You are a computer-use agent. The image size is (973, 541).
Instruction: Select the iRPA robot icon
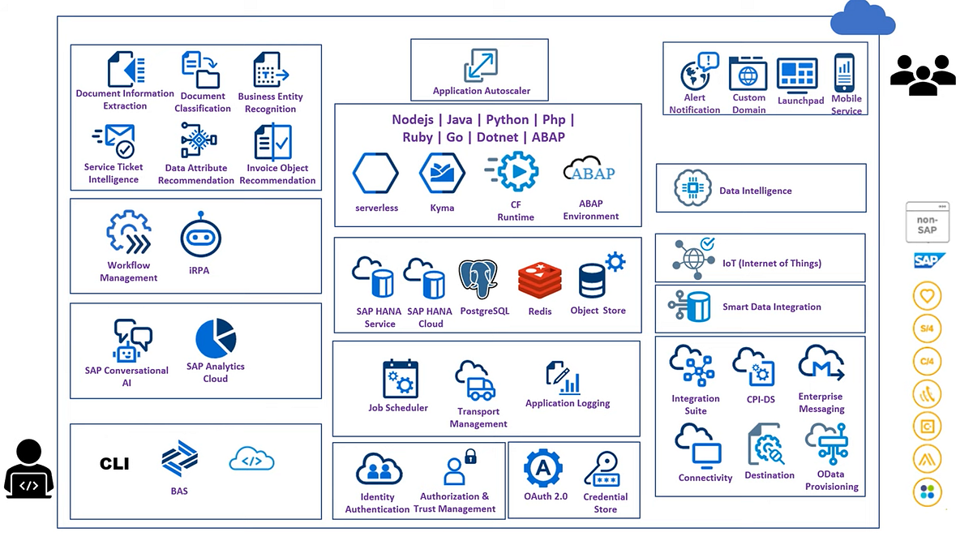(200, 236)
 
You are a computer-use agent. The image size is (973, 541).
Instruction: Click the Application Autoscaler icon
(481, 66)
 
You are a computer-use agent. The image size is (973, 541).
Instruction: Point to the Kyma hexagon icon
(442, 174)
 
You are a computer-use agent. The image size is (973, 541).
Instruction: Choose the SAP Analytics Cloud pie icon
(216, 338)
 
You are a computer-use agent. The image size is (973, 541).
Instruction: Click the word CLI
(114, 464)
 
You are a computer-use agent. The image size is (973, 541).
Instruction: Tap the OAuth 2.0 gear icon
(544, 468)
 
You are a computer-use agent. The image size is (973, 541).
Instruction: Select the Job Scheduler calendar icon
(400, 379)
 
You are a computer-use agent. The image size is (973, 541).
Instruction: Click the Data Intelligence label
(755, 191)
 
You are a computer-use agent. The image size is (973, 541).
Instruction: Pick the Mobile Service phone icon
(845, 74)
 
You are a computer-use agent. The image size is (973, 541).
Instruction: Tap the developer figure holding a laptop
(29, 470)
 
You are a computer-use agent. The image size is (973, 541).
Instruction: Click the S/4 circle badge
(927, 328)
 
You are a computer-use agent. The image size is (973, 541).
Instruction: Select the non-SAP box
(927, 222)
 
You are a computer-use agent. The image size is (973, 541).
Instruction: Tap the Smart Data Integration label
(771, 307)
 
